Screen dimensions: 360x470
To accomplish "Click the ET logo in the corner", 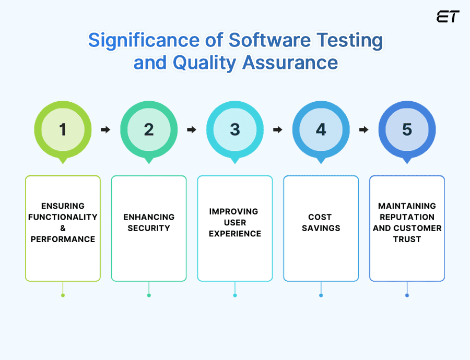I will coord(448,17).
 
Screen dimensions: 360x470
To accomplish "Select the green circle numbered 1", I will coord(63,129).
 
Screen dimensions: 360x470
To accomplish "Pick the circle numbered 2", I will coord(149,129).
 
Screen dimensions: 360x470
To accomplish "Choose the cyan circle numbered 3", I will coord(235,129).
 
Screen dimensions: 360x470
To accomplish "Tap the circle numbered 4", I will coord(321,129).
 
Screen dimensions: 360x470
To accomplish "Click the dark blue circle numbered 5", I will coord(407,129).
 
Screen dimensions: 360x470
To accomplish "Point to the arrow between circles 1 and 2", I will coord(105,130).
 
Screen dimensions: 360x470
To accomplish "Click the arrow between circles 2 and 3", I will coord(192,130).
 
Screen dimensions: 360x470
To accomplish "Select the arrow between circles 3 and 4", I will coord(278,130).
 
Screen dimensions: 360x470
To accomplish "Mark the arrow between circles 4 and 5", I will coord(364,130).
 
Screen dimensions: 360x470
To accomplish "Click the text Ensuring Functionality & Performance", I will coord(63,222).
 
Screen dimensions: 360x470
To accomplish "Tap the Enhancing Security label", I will coord(149,222).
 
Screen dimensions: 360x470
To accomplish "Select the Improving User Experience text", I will coord(235,222).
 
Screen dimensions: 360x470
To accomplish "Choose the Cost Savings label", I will coord(321,222).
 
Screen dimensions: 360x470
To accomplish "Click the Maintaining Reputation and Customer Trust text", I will coord(407,222).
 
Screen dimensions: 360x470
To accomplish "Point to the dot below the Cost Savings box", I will coord(321,295).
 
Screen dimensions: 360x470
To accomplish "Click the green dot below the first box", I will coord(63,295).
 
